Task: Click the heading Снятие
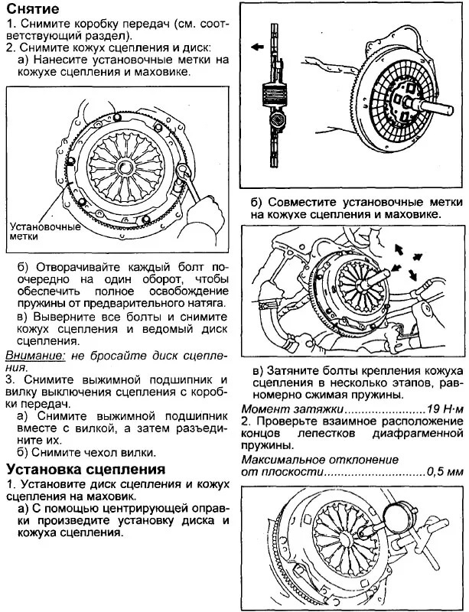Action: click(x=34, y=9)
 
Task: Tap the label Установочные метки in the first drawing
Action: click(x=43, y=232)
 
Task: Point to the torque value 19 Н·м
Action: click(x=444, y=408)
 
